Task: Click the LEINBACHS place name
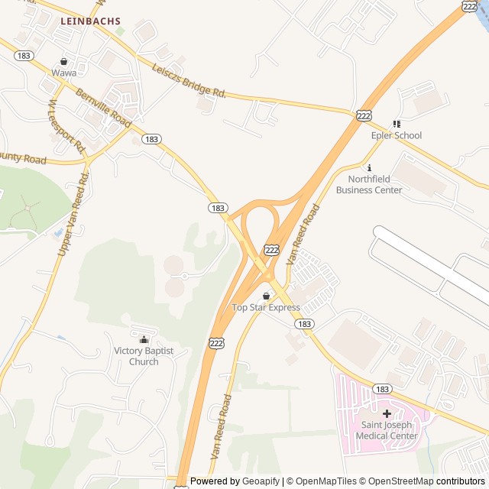91,22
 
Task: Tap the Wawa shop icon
64,61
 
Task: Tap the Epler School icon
396,124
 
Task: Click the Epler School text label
396,136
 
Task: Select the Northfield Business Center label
369,185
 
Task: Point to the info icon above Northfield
369,168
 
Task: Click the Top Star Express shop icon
266,296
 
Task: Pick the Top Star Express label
266,308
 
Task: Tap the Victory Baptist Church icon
144,339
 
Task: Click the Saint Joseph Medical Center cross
387,413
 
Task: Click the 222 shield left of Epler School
364,115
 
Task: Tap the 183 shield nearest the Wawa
23,56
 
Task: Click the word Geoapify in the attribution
260,481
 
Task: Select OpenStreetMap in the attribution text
397,481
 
